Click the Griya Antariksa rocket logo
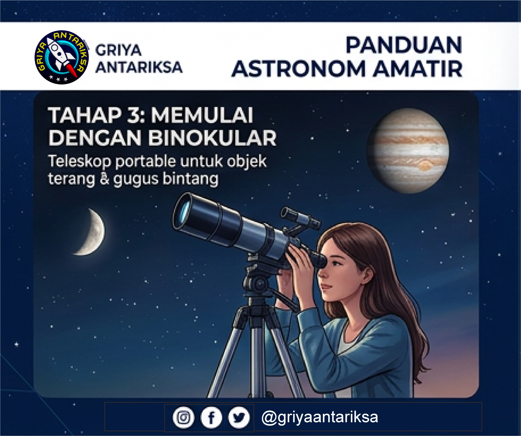[62, 57]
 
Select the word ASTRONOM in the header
[299, 69]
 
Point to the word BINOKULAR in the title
[212, 138]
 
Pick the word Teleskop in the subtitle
[79, 162]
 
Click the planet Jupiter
[408, 151]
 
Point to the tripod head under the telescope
[259, 281]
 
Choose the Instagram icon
[184, 418]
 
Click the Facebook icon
[211, 418]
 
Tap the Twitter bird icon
[239, 418]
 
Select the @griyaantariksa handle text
[320, 417]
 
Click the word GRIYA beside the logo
[118, 50]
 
